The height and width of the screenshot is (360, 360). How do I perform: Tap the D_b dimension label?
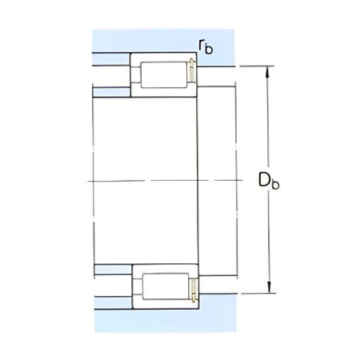click(x=269, y=182)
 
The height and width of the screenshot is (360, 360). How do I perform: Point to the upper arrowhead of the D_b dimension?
click(x=268, y=72)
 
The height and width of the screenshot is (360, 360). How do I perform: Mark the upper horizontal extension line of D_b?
click(x=240, y=66)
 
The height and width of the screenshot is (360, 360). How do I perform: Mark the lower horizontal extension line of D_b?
click(x=240, y=294)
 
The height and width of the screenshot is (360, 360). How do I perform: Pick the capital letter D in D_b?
click(x=264, y=180)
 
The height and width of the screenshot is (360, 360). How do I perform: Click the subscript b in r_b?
click(x=210, y=49)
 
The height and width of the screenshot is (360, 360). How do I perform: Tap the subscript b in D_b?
click(x=276, y=185)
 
